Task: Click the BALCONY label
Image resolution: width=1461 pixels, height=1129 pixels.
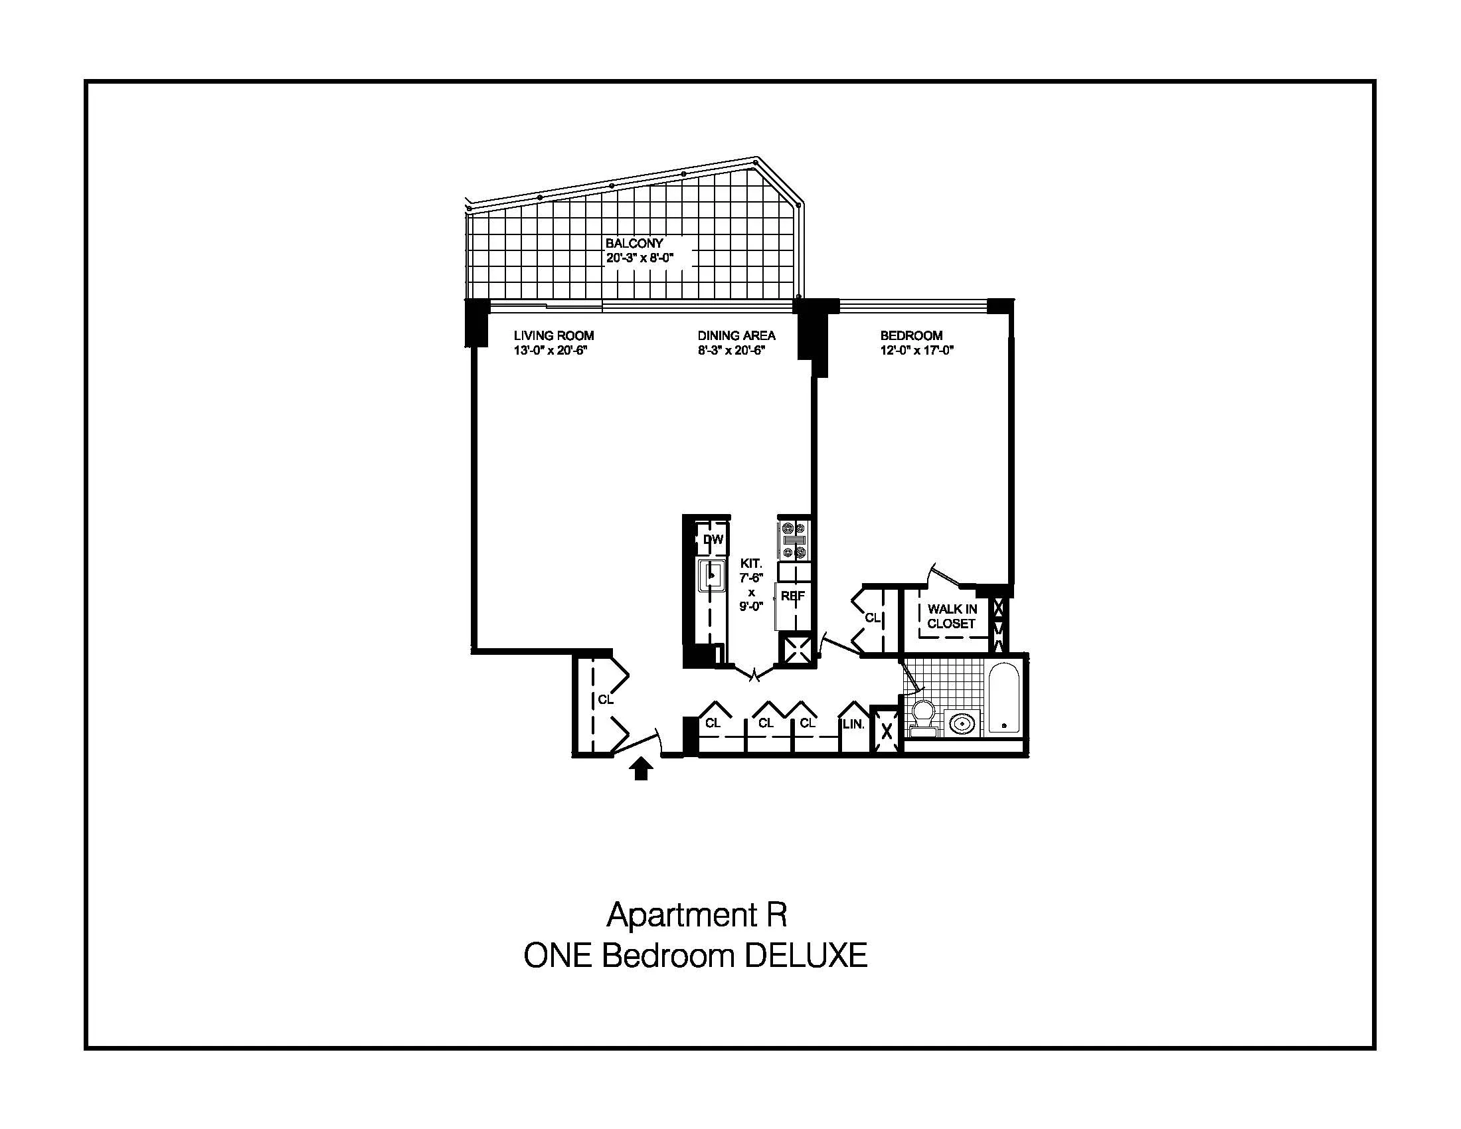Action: click(634, 244)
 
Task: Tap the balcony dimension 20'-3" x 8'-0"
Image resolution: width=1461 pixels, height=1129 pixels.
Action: click(639, 258)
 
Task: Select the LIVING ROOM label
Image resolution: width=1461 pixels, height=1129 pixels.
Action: click(553, 336)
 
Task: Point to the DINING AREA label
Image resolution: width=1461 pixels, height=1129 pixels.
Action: click(736, 336)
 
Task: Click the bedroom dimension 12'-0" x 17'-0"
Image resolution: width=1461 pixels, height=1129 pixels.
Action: click(916, 351)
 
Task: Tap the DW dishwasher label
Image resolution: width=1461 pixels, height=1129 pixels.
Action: click(713, 539)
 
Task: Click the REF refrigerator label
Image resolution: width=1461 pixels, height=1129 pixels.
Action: click(793, 596)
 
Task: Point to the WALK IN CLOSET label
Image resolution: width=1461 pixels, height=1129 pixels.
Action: click(951, 616)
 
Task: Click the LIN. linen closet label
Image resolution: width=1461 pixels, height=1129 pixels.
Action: click(853, 724)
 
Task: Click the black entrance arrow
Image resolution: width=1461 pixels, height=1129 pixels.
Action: click(641, 769)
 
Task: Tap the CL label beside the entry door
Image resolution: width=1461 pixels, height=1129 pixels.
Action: click(605, 699)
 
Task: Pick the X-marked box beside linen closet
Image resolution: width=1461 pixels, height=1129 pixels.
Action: click(887, 731)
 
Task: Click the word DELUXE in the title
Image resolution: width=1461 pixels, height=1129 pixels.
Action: click(806, 956)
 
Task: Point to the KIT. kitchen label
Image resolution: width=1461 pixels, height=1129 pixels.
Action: click(750, 564)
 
